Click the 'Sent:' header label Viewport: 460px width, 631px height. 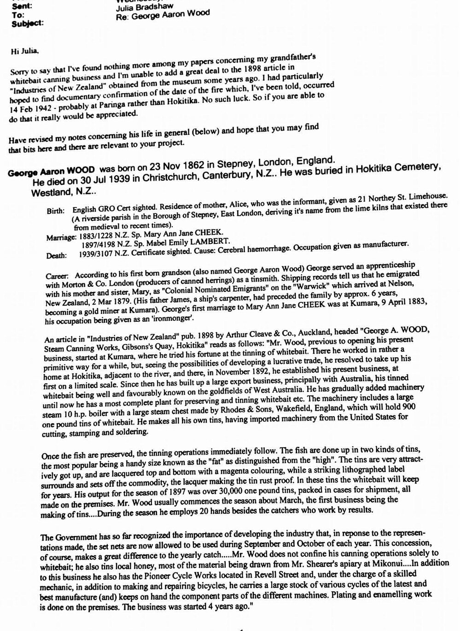[x=22, y=7]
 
